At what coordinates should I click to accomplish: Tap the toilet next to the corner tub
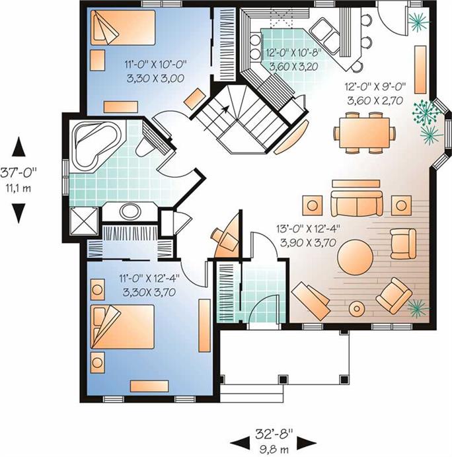[143, 147]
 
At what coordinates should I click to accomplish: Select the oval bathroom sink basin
[130, 211]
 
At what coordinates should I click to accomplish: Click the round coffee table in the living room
[355, 257]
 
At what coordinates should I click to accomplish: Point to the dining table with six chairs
[365, 133]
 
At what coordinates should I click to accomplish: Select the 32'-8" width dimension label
[274, 435]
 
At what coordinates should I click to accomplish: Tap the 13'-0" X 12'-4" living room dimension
[309, 229]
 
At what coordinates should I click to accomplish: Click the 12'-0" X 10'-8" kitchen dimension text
[293, 53]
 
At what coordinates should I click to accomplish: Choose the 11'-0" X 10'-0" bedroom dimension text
[155, 64]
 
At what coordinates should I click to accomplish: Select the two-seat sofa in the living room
[357, 203]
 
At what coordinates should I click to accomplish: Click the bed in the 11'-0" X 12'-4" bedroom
[122, 327]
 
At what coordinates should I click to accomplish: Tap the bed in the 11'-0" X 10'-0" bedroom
[123, 28]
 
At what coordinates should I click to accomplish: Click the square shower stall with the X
[85, 221]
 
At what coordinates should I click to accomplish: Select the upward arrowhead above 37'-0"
[19, 147]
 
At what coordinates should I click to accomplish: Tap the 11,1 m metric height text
[19, 188]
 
